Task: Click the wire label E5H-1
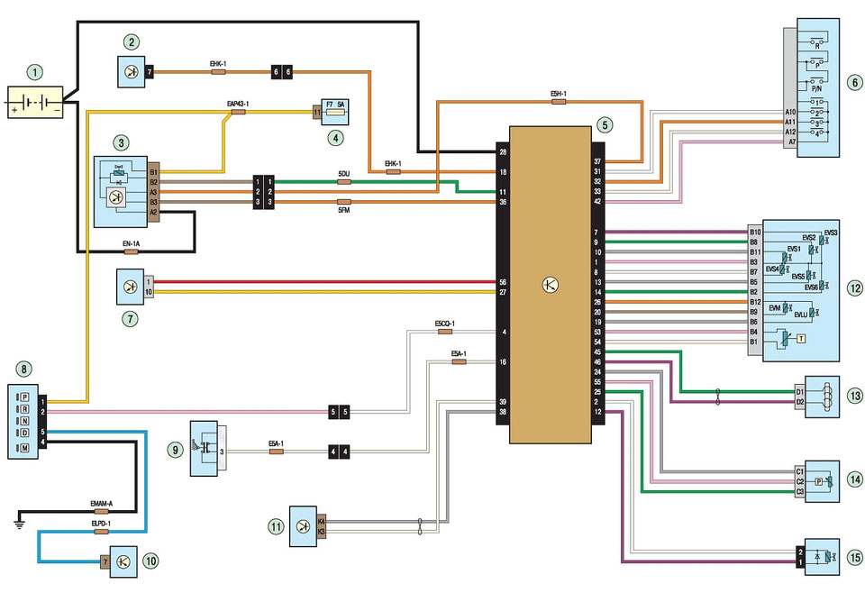559,93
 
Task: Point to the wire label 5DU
343,172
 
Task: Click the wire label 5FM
343,212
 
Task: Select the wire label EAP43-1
238,105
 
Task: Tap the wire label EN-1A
131,243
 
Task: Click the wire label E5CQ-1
444,323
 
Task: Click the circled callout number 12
853,288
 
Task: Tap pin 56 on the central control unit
502,282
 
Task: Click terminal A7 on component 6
790,142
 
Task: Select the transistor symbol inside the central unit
550,285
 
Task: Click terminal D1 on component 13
799,392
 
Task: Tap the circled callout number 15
853,556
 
